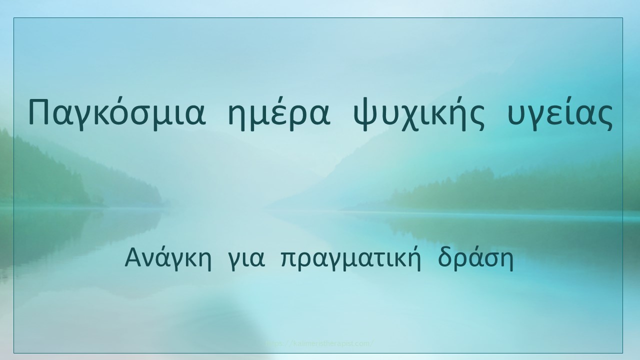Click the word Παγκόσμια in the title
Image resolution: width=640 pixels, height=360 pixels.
(x=116, y=114)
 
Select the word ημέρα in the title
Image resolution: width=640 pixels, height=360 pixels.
(x=278, y=114)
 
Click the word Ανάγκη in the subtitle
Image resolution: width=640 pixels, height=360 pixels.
(x=167, y=258)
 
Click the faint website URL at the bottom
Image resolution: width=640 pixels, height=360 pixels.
(x=320, y=344)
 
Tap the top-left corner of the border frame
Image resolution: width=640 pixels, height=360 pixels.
(x=14, y=18)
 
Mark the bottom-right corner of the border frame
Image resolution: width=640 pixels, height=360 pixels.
(x=622, y=353)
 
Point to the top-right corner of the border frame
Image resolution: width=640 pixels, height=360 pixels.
(x=622, y=18)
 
